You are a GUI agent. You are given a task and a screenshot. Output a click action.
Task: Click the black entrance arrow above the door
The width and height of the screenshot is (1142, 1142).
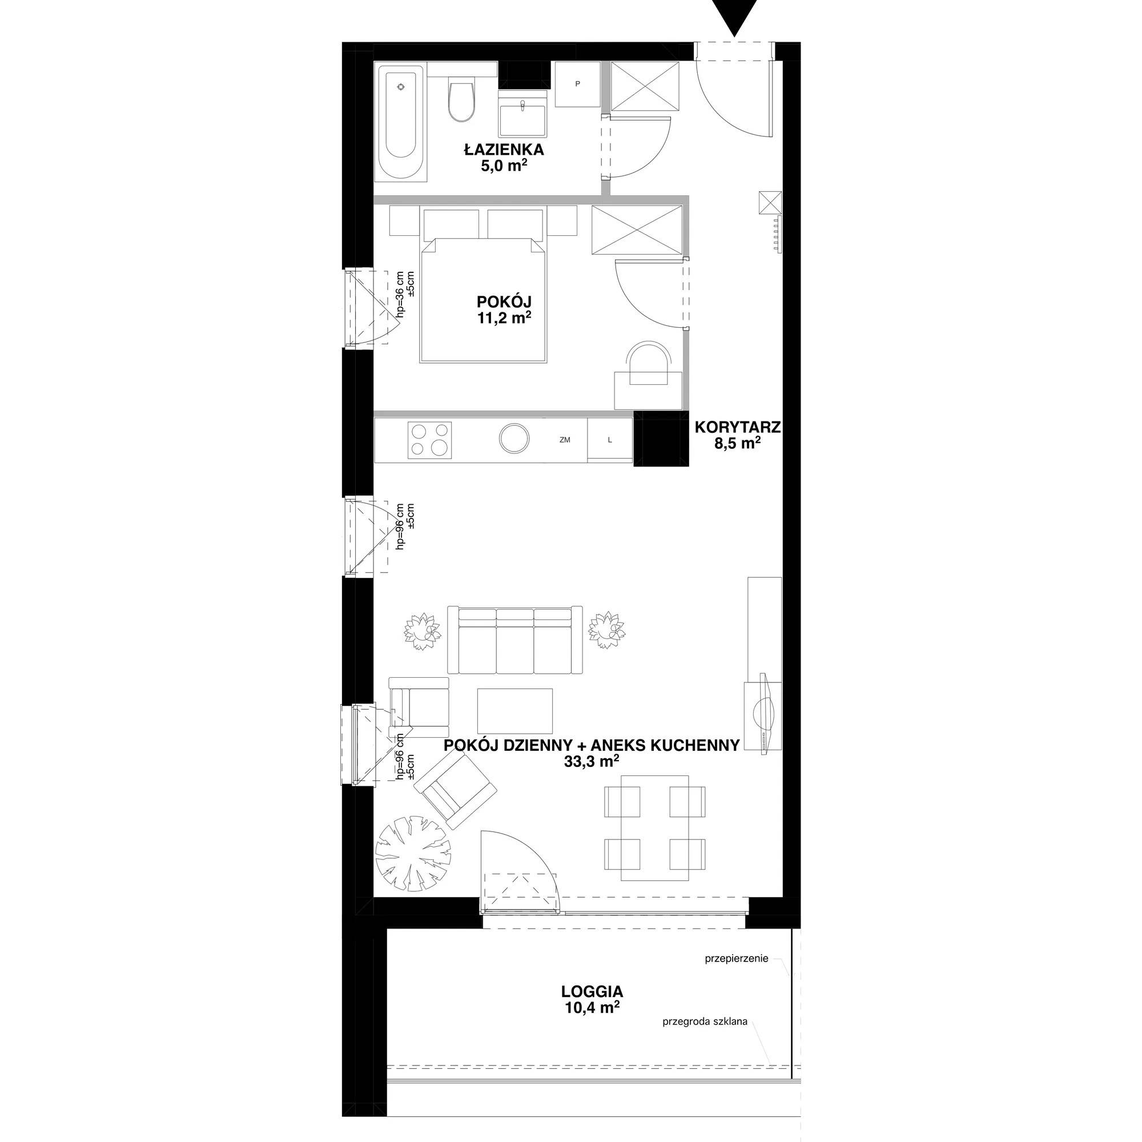click(734, 17)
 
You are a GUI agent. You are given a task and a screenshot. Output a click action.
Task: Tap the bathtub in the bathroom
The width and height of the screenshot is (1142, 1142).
click(401, 123)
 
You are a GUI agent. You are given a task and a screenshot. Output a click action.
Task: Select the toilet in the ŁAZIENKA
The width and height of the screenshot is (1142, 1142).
click(460, 99)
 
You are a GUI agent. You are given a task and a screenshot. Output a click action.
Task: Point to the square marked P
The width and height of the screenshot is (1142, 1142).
click(577, 84)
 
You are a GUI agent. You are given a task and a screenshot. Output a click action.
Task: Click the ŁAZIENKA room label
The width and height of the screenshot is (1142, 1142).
click(504, 150)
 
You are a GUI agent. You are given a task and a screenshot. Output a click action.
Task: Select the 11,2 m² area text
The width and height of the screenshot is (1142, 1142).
click(504, 319)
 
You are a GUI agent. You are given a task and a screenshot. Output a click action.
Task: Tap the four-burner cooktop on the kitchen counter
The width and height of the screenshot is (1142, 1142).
click(430, 440)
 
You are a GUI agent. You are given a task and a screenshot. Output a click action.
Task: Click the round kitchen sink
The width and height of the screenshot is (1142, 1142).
click(514, 439)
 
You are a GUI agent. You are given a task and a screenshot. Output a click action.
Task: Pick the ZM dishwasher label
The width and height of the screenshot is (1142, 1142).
click(565, 440)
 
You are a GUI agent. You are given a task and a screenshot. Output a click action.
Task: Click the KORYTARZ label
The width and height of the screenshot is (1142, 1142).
click(738, 426)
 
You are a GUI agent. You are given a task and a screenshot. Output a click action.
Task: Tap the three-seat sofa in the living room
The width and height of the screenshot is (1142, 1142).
click(515, 640)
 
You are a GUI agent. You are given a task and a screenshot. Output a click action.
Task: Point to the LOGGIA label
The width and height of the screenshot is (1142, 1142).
click(592, 991)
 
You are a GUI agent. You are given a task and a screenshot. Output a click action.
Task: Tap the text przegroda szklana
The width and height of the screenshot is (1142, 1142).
click(705, 1021)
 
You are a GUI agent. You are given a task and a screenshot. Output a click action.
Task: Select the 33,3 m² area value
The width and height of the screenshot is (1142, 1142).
click(591, 762)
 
